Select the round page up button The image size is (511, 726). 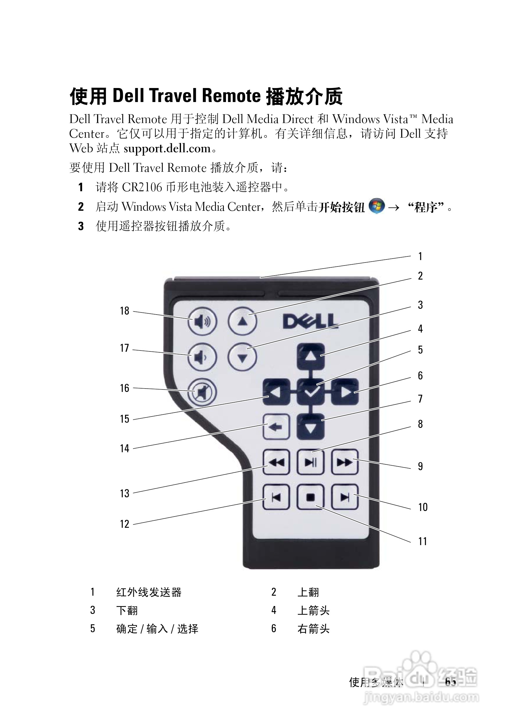tap(242, 322)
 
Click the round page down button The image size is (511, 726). tap(242, 357)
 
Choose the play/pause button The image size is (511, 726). tap(311, 462)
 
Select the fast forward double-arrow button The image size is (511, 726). tap(345, 462)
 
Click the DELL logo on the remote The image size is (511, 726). tap(310, 321)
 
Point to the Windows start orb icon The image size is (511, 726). tap(377, 206)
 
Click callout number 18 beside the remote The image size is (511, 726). tap(124, 311)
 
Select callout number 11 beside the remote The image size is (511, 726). tap(422, 541)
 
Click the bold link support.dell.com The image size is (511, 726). tap(167, 149)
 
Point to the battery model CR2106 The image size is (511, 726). tap(142, 187)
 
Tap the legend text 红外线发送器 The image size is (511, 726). tap(149, 592)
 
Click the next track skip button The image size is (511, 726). tap(345, 497)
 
